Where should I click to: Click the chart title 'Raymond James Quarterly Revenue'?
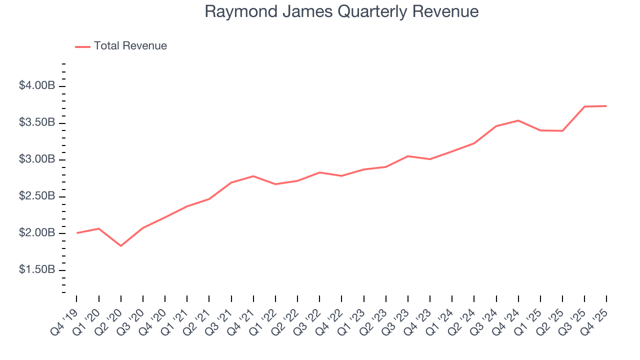click(341, 11)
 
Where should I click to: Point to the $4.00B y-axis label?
click(36, 86)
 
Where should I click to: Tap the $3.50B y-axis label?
click(36, 123)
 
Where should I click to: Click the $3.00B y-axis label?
click(36, 159)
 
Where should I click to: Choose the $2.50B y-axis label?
click(36, 196)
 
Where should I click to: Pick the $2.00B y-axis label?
click(36, 233)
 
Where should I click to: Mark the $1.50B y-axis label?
click(36, 270)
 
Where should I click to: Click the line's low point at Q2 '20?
click(121, 246)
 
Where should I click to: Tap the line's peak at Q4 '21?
click(253, 176)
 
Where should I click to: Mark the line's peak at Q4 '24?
click(518, 120)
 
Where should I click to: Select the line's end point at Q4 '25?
click(606, 106)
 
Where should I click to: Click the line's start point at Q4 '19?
click(77, 233)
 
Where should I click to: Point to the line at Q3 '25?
click(584, 106)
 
